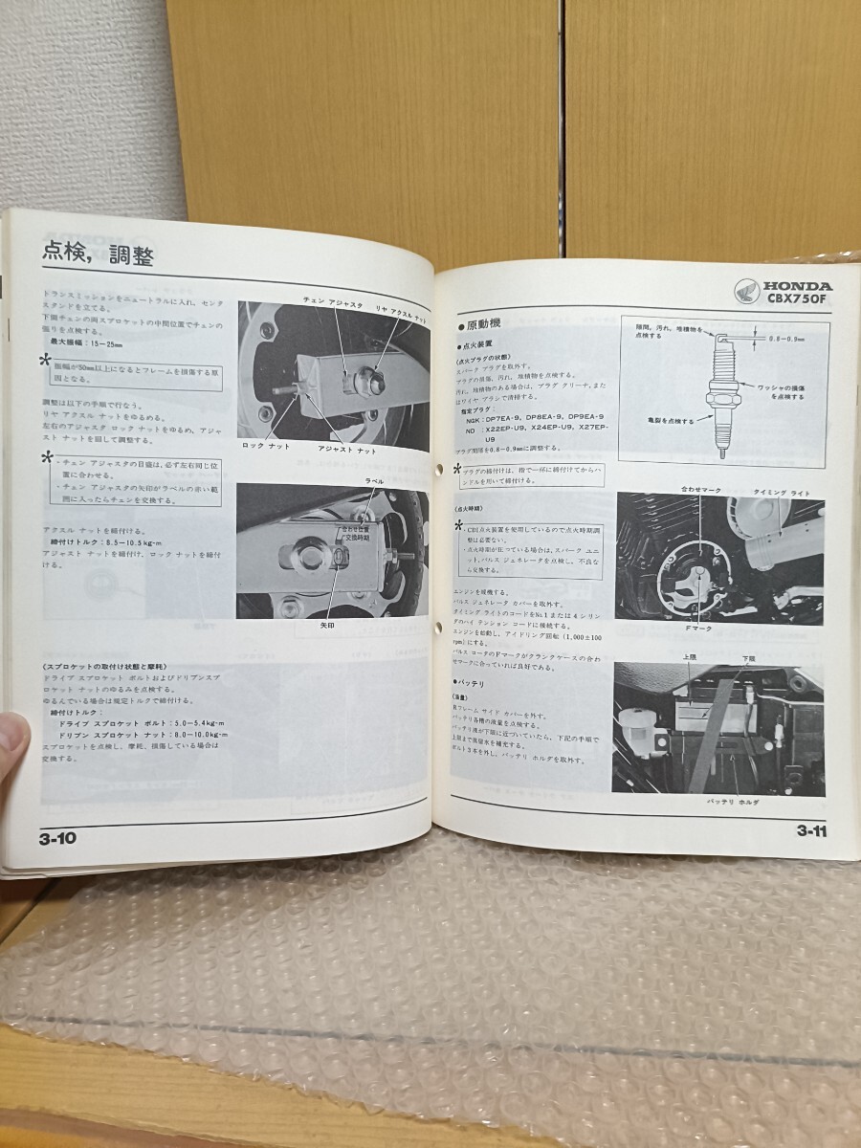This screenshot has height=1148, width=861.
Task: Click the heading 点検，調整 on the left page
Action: point(99,254)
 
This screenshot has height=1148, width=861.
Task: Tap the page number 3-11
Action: point(811,829)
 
